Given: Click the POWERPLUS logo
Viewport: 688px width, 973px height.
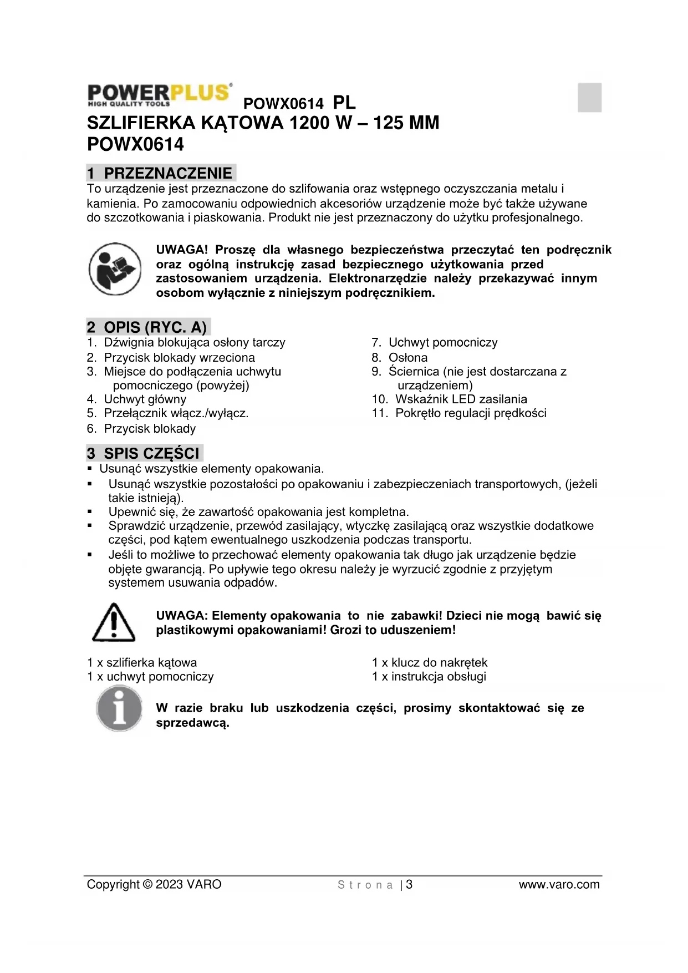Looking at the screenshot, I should pos(160,95).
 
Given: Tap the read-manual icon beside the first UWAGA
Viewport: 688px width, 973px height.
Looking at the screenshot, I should pos(115,269).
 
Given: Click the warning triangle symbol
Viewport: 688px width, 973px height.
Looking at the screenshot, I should pos(114,622).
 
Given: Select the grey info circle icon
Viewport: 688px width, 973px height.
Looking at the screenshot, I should pos(119,708).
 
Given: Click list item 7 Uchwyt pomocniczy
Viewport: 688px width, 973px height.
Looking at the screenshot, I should pos(435,342).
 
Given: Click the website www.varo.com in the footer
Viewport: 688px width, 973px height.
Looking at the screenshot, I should pos(559,884).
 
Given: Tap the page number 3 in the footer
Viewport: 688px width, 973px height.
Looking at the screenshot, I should pos(409,884).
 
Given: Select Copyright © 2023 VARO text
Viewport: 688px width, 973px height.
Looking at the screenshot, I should pos(154,884).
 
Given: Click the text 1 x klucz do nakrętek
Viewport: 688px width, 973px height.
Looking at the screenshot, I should pos(430,662).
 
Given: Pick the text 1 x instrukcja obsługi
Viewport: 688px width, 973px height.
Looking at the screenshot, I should pos(429,676).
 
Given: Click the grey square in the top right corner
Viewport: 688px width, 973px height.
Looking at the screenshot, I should pos(589,98).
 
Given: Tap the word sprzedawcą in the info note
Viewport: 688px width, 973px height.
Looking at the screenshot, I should pos(192,723).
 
